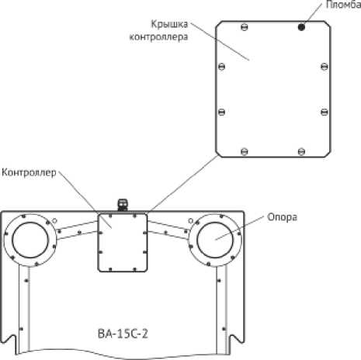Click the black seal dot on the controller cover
click(x=301, y=26)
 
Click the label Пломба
click(x=343, y=5)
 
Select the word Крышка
click(x=169, y=24)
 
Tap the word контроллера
click(x=158, y=36)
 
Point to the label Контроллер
click(x=29, y=172)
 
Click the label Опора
click(x=282, y=217)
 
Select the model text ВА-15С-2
click(x=123, y=334)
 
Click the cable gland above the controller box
click(x=123, y=205)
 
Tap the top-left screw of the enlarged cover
click(x=245, y=26)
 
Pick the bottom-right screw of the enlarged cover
click(x=301, y=151)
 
